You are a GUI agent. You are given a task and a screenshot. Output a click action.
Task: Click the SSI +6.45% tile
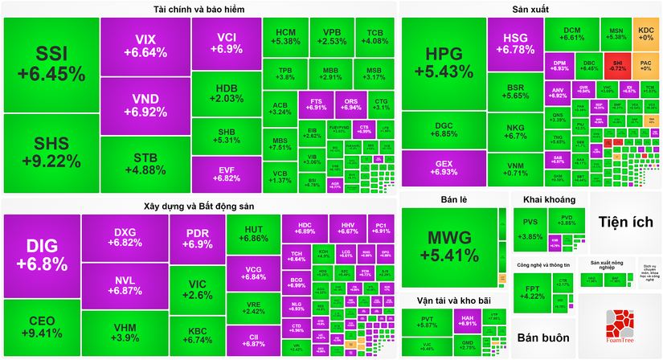coord(50,64)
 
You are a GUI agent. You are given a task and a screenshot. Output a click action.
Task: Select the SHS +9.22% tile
coord(50,153)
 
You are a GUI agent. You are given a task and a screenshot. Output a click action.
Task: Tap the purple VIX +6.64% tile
coord(145,46)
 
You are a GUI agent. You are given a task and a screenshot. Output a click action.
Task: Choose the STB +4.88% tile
coord(145,163)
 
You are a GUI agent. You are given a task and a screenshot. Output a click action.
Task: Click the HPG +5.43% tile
coord(444,63)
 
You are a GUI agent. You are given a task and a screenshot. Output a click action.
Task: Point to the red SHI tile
coord(616,64)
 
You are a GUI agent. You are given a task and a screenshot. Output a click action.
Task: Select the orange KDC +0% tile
coord(645,34)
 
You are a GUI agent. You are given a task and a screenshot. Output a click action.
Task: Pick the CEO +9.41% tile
coord(41,326)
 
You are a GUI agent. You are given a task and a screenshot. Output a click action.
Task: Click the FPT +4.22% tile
coord(531,291)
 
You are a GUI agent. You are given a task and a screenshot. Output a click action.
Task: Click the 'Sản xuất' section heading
coord(531,10)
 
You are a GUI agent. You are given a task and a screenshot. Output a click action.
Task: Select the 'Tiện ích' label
coord(625,223)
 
